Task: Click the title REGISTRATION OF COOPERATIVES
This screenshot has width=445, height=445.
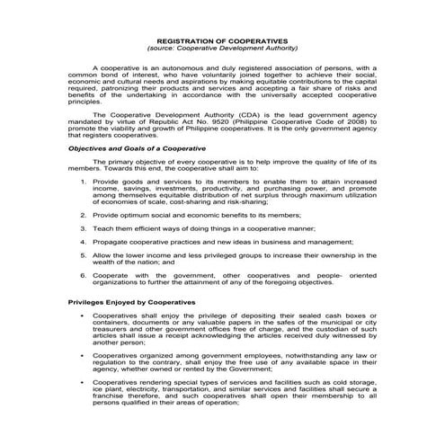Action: tap(222, 40)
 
